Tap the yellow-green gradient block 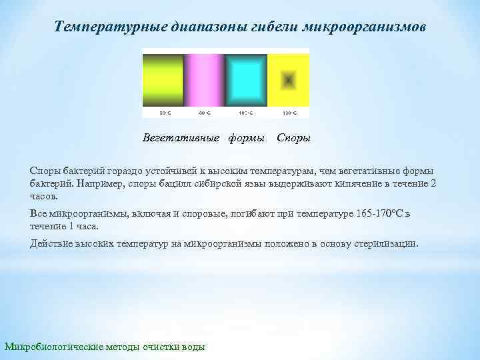163,77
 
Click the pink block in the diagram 205,77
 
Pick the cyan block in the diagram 246,77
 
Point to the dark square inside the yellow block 288,80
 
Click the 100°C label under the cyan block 246,112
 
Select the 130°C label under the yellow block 288,112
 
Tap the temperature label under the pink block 205,112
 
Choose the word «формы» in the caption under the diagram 246,139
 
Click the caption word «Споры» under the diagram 293,139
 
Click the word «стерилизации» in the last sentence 388,243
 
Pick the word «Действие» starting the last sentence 51,243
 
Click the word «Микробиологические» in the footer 54,347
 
